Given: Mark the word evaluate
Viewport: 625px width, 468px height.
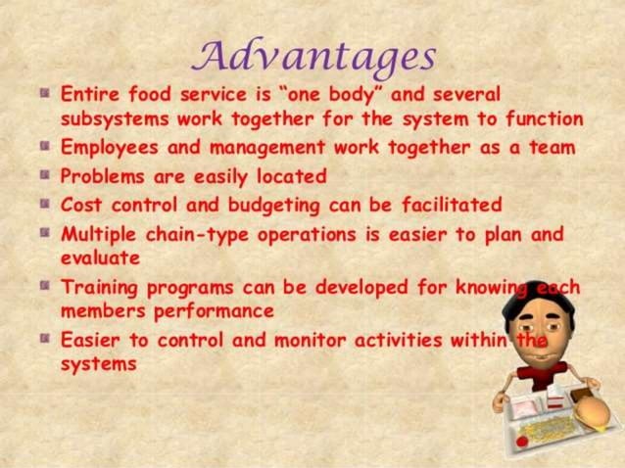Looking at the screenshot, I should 100,258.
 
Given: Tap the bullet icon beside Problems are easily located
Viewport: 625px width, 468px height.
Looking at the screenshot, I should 44,177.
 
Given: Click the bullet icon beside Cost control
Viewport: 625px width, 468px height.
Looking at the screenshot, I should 44,206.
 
